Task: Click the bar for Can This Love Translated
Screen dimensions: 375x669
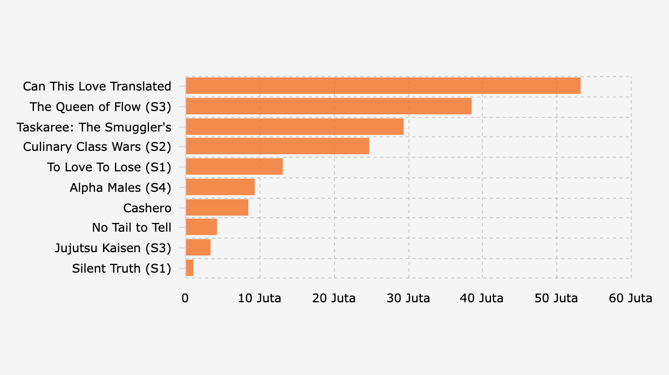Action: point(383,86)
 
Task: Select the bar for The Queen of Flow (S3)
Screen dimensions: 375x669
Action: point(329,106)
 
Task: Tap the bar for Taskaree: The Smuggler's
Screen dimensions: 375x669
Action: point(295,127)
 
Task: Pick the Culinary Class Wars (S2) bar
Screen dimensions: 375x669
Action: point(277,147)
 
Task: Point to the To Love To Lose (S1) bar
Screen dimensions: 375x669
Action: point(234,167)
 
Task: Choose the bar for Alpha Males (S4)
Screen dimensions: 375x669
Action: point(220,187)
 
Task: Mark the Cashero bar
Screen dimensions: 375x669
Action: point(217,207)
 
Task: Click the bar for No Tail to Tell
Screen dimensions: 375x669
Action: point(201,227)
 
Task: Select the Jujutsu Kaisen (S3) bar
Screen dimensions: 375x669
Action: point(198,248)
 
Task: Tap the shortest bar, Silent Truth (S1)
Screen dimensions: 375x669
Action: point(189,268)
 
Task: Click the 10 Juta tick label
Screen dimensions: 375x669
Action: point(260,298)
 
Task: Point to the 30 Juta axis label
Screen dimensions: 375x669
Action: point(408,298)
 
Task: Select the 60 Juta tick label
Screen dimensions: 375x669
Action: point(631,298)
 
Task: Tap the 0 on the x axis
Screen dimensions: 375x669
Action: point(185,298)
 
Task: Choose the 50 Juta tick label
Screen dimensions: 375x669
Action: point(556,298)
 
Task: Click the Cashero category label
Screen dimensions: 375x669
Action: point(147,208)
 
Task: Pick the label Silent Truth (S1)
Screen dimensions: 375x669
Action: point(121,268)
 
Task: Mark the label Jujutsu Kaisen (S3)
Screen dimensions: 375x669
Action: point(113,248)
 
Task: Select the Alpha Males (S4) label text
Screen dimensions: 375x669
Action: point(120,188)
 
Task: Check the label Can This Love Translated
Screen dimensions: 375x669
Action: point(97,86)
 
